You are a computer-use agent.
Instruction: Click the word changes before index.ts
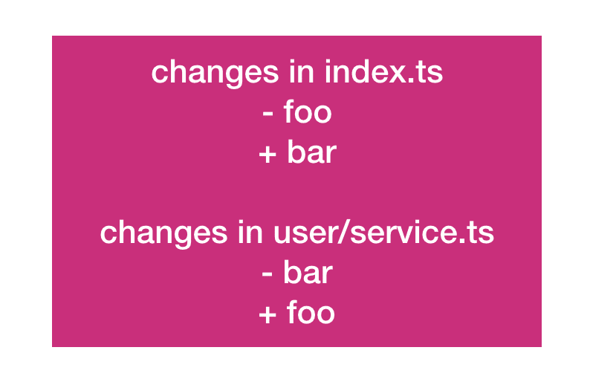click(x=215, y=73)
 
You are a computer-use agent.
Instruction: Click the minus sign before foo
click(x=268, y=113)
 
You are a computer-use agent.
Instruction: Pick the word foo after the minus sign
click(x=308, y=111)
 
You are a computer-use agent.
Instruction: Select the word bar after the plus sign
click(x=312, y=152)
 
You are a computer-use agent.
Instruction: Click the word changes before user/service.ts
click(x=163, y=233)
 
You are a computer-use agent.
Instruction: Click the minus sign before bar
click(x=268, y=274)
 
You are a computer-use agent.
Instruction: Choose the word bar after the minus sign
click(x=308, y=272)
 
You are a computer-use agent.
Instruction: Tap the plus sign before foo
click(x=268, y=315)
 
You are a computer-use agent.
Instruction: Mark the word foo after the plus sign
click(x=311, y=312)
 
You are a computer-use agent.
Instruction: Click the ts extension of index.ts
click(x=429, y=73)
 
